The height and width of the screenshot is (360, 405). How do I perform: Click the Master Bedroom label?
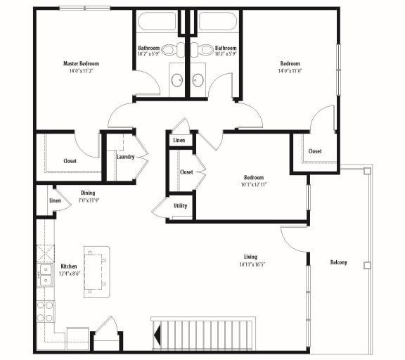(x=79, y=63)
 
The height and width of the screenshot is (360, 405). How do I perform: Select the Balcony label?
(x=338, y=262)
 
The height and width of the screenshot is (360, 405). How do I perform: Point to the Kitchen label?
(x=69, y=266)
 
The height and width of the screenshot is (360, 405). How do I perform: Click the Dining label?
(x=88, y=193)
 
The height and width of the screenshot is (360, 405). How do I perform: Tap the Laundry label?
(x=125, y=157)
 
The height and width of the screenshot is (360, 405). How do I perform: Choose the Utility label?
(x=180, y=206)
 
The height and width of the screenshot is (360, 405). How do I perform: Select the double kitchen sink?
(x=44, y=275)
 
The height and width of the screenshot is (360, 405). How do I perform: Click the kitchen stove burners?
(x=45, y=310)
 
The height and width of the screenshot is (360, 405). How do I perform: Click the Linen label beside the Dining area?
(x=55, y=201)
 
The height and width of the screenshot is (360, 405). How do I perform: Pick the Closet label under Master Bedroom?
(x=70, y=161)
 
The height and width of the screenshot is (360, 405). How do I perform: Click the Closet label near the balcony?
(x=315, y=151)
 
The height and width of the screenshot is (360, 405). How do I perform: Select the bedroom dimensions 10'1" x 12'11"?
(x=254, y=186)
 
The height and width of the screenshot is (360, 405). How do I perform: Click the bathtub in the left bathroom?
(x=158, y=22)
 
